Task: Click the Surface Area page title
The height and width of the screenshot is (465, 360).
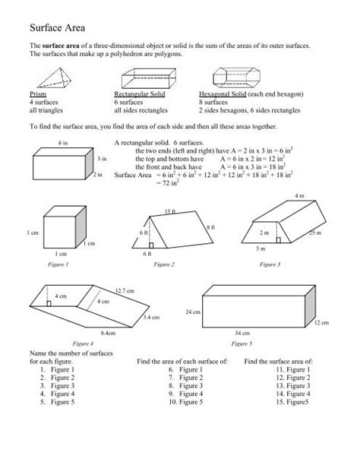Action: tap(58, 27)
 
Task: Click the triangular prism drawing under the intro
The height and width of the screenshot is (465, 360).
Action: tap(49, 78)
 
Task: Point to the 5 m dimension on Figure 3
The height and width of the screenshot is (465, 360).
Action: tap(261, 248)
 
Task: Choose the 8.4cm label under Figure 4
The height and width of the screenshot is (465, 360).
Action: tap(108, 333)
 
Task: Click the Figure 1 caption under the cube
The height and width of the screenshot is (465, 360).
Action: tap(58, 264)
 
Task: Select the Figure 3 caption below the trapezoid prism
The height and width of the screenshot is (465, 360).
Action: tap(270, 264)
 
